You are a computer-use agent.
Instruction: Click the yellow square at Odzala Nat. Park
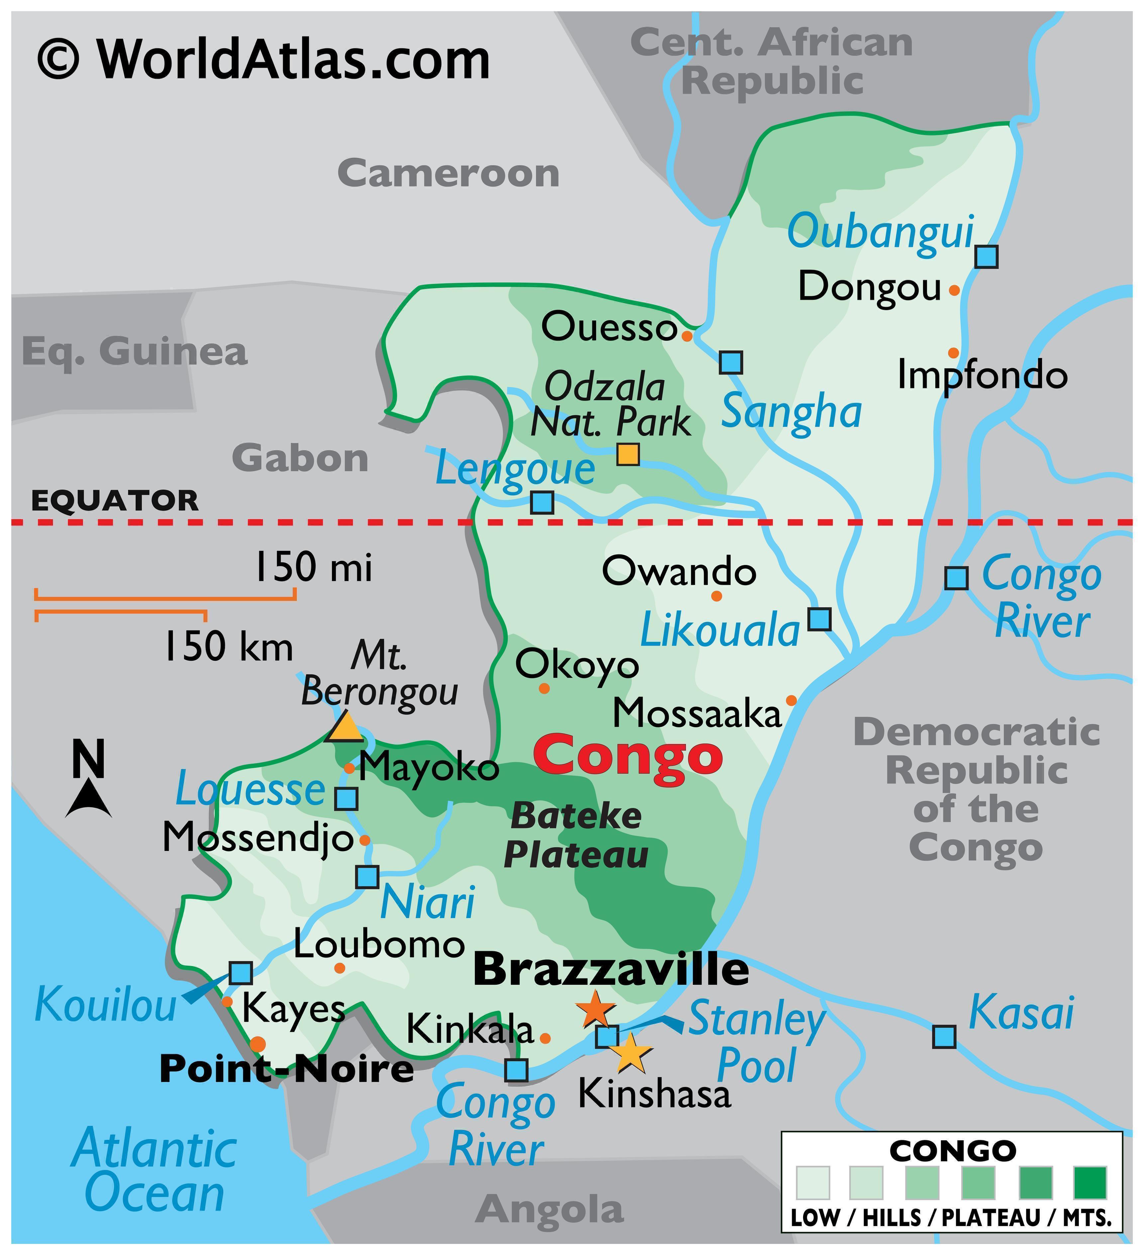click(628, 454)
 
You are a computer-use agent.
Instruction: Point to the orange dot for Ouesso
click(686, 336)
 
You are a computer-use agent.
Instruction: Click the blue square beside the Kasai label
click(944, 1037)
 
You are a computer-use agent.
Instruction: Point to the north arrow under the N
click(89, 800)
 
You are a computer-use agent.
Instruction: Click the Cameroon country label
click(448, 174)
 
